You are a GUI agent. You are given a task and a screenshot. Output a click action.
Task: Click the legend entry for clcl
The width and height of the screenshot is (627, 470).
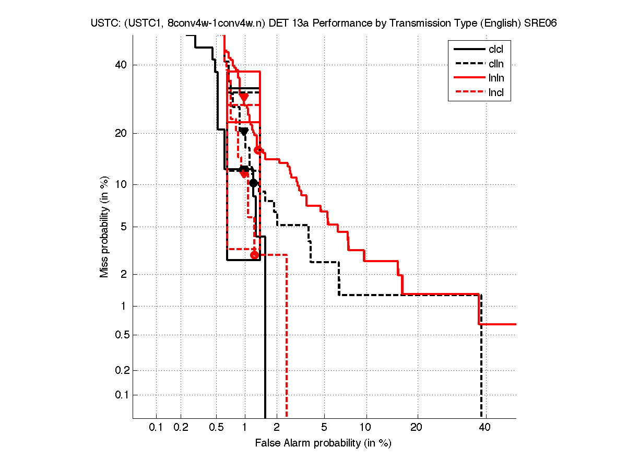pyautogui.click(x=495, y=50)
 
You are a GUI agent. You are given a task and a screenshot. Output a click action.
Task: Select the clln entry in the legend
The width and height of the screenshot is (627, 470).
pyautogui.click(x=495, y=64)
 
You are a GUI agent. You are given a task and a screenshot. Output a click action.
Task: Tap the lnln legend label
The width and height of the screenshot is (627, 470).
pyautogui.click(x=495, y=78)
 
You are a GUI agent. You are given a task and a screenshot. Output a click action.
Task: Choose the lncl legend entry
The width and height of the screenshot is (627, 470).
pyautogui.click(x=495, y=93)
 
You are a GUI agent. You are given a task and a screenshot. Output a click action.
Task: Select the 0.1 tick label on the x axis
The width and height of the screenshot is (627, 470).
pyautogui.click(x=156, y=428)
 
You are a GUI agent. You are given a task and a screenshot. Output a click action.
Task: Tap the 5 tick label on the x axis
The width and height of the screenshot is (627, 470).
pyautogui.click(x=324, y=428)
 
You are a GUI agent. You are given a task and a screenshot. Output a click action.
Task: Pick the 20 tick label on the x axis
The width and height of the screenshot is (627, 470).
pyautogui.click(x=416, y=428)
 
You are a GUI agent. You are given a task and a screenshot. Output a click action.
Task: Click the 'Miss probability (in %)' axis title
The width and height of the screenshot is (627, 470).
pyautogui.click(x=104, y=226)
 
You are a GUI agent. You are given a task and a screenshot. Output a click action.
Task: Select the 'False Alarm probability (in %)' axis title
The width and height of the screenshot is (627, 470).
pyautogui.click(x=323, y=443)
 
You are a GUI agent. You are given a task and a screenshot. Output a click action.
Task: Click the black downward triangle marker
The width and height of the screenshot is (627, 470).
pyautogui.click(x=244, y=132)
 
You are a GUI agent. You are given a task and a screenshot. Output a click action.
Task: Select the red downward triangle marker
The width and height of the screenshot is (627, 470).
pyautogui.click(x=244, y=97)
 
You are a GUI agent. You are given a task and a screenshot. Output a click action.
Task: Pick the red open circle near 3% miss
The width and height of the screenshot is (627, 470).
pyautogui.click(x=254, y=255)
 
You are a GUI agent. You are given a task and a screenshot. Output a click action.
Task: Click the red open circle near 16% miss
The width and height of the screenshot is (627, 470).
pyautogui.click(x=257, y=150)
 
